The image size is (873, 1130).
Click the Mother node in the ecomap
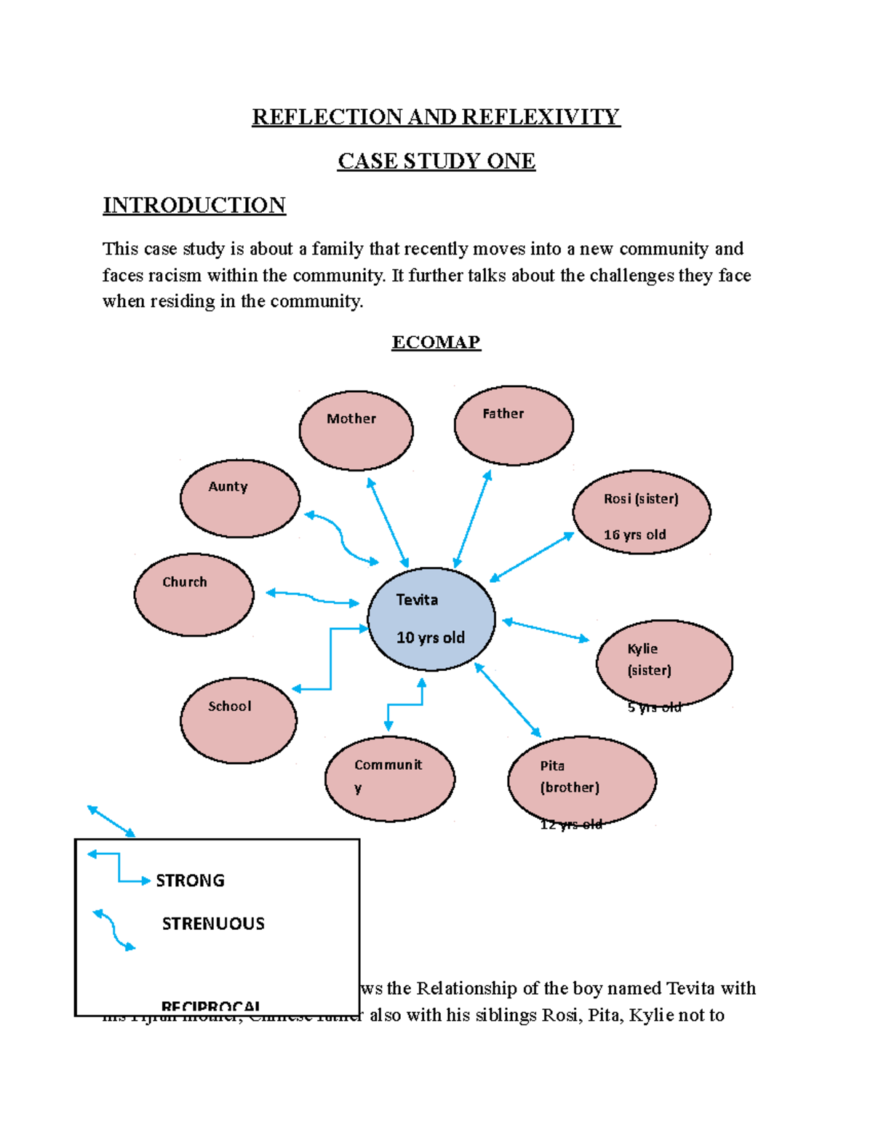[356, 431]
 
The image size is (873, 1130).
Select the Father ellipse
[514, 426]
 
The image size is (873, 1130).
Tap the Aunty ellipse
[240, 498]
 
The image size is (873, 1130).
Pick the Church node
[194, 594]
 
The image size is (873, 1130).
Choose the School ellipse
[239, 720]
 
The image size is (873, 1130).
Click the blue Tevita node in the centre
[431, 619]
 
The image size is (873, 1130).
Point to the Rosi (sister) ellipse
[642, 512]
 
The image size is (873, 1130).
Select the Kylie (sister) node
[664, 663]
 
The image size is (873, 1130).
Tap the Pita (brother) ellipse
[582, 780]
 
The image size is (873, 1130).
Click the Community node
[390, 779]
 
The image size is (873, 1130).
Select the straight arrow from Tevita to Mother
[388, 522]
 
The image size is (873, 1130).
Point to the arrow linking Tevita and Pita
[508, 700]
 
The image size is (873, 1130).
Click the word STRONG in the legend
[191, 880]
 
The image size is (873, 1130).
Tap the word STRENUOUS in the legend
[213, 923]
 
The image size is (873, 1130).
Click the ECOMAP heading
[436, 342]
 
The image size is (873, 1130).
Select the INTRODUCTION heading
[194, 205]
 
